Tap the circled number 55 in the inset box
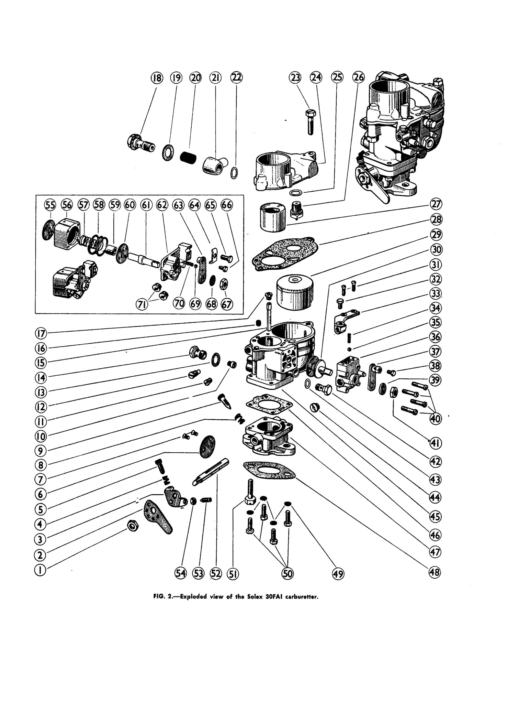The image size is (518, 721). pyautogui.click(x=50, y=205)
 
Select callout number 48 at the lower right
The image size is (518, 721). pyautogui.click(x=435, y=572)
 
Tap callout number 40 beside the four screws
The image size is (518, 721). pyautogui.click(x=435, y=419)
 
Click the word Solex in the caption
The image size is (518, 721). pyautogui.click(x=255, y=597)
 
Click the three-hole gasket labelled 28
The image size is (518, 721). pyautogui.click(x=285, y=253)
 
